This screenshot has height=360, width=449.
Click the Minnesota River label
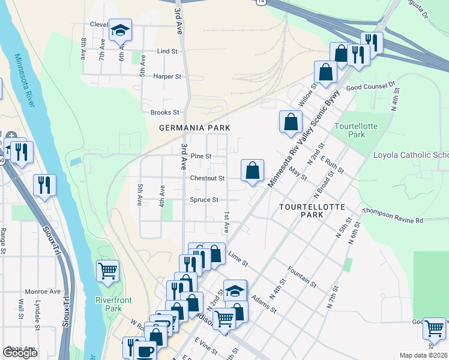[x=23, y=80]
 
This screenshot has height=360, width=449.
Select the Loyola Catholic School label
[x=411, y=155]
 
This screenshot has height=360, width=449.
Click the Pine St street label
[x=200, y=156]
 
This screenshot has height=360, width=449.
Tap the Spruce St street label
[x=204, y=200]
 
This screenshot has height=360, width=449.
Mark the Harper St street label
[x=167, y=77]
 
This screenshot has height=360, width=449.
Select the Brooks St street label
[x=164, y=112]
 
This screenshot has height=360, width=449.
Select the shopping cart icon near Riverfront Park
[x=107, y=271]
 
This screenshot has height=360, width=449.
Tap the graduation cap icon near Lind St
[x=120, y=30]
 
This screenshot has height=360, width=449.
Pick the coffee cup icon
[x=144, y=351]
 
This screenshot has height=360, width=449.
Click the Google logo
[x=20, y=353]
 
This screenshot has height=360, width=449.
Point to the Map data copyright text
[x=424, y=355]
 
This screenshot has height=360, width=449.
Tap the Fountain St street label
[x=301, y=275]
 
